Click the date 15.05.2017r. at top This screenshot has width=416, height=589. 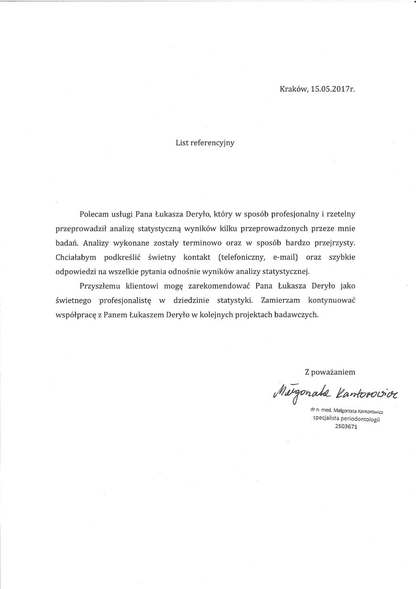332,90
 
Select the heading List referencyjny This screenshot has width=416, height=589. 205,143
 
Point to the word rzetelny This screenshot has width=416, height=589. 341,214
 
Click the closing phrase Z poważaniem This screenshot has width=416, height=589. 330,371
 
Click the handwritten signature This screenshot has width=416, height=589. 330,393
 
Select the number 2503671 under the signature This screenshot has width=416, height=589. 346,427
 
